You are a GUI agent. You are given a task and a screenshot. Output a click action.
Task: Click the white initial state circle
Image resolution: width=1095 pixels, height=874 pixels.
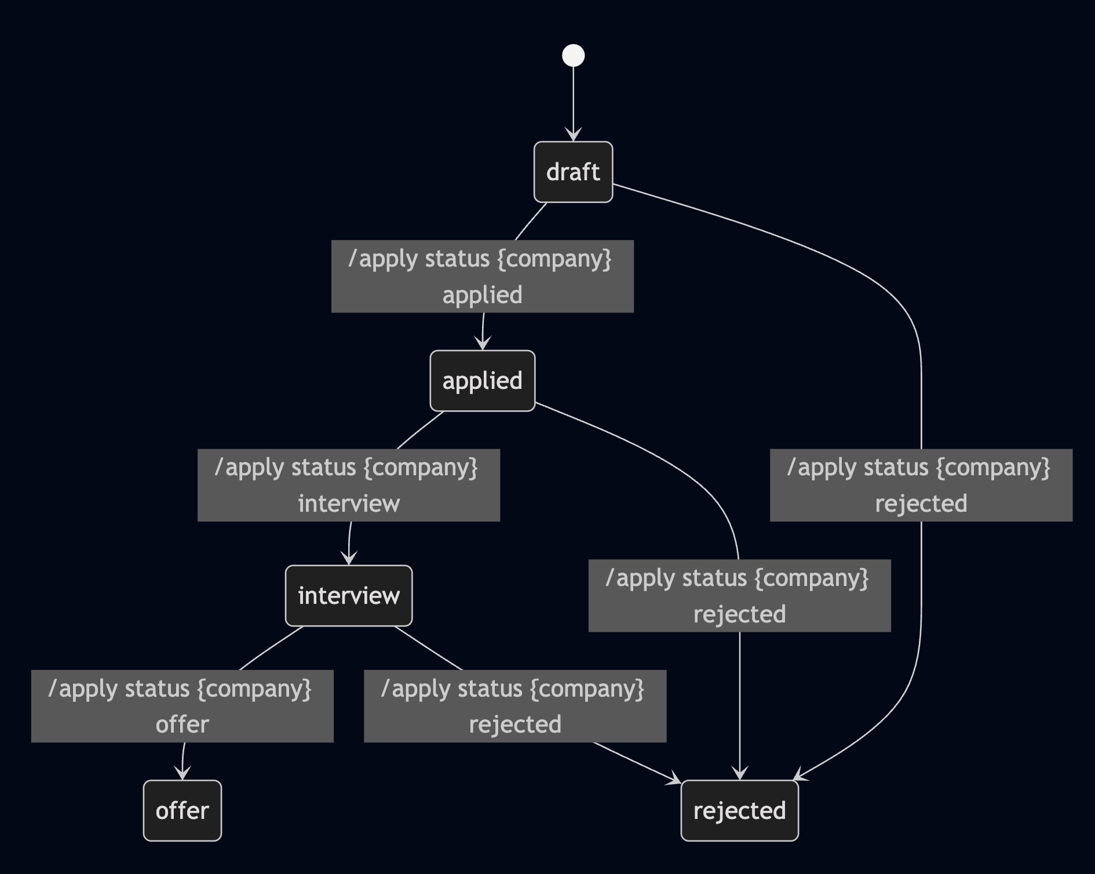(574, 56)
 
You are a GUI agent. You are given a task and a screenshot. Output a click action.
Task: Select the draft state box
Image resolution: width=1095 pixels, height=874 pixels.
(573, 172)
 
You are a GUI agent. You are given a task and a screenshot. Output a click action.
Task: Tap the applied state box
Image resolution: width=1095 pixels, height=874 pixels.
(482, 381)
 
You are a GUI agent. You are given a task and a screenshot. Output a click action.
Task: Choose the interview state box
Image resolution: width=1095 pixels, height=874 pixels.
(349, 596)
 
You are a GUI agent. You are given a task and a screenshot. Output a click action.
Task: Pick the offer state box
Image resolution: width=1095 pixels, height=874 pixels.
(183, 810)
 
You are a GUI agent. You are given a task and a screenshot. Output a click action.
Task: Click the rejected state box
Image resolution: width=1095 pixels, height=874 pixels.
(739, 810)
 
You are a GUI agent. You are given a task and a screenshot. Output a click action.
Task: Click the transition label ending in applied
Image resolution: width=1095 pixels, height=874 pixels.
(482, 276)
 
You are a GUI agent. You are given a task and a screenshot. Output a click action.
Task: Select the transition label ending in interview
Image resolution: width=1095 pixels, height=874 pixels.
(349, 485)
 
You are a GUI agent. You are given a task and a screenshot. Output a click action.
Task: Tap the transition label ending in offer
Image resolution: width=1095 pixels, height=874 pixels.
(183, 706)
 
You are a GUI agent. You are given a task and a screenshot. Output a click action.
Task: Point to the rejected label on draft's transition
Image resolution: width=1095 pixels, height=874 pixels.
(921, 485)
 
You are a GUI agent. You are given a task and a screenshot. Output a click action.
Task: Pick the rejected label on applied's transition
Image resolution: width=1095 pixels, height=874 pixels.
(739, 595)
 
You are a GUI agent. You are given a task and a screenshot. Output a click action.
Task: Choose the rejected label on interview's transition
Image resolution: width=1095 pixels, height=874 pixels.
(515, 706)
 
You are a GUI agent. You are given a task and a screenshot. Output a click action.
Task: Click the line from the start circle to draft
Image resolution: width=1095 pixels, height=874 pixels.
(574, 99)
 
